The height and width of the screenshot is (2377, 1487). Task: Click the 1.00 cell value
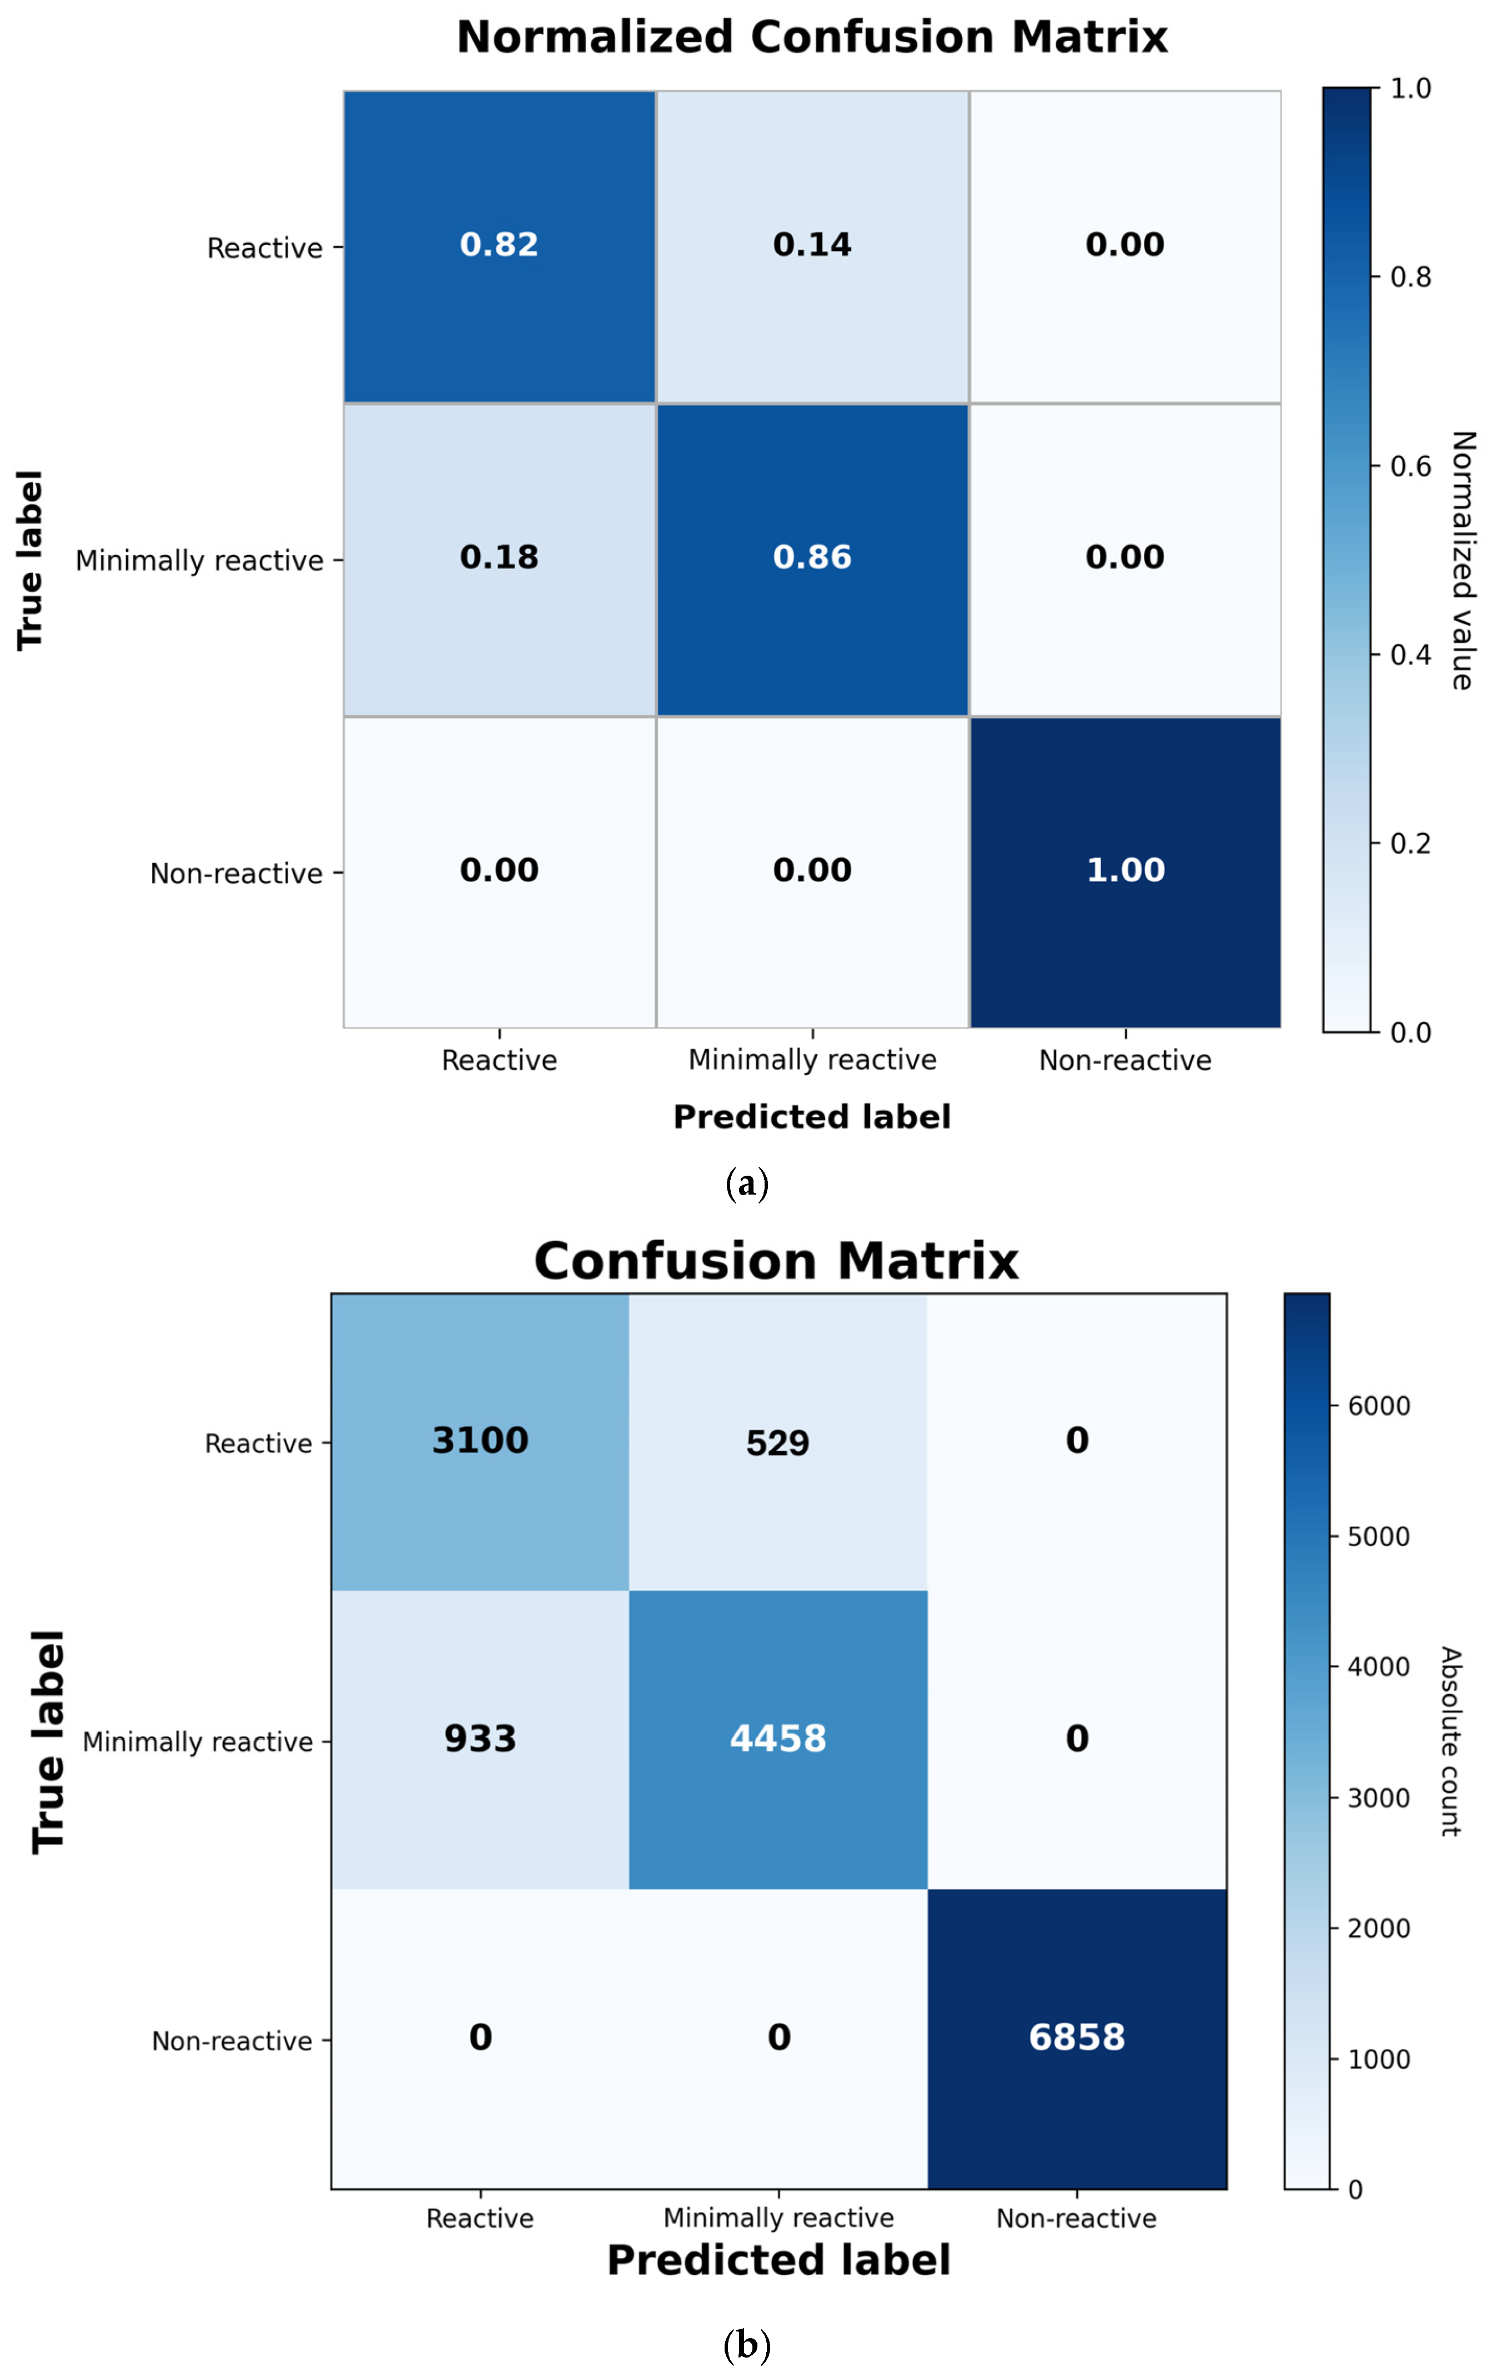(1125, 870)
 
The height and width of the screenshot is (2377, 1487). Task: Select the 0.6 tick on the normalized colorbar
(1410, 466)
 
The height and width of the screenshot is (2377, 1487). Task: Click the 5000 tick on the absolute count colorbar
(1378, 1537)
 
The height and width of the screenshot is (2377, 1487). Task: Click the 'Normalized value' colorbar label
(1463, 560)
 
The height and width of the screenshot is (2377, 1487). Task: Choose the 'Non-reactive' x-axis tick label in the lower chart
(1076, 2219)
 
